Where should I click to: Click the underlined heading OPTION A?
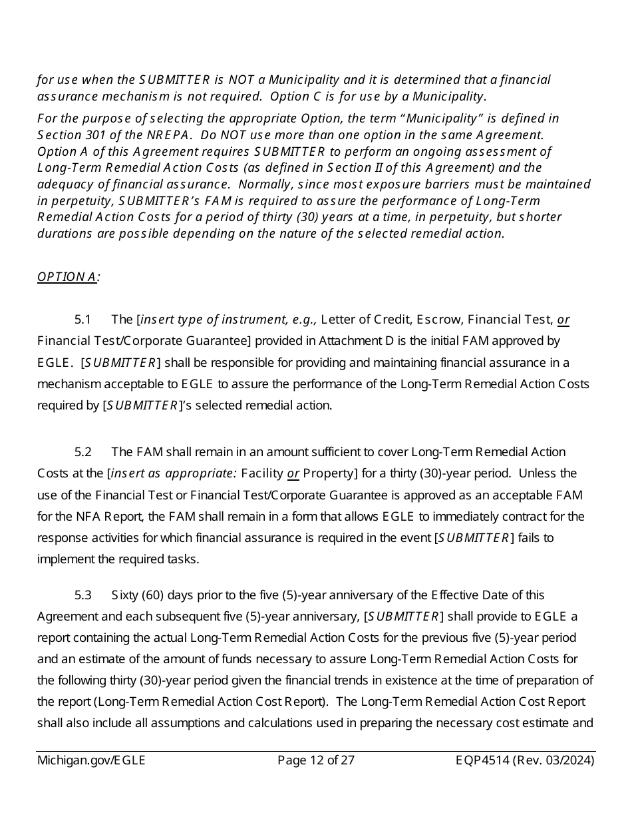tap(67, 277)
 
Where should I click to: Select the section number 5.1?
tap(83, 320)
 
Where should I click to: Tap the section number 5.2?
tap(83, 452)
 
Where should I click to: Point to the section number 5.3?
tap(83, 595)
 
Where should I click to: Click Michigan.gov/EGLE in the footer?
tap(91, 760)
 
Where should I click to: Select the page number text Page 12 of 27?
tap(316, 760)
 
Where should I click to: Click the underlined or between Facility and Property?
tap(293, 473)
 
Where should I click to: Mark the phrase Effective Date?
tap(469, 595)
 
